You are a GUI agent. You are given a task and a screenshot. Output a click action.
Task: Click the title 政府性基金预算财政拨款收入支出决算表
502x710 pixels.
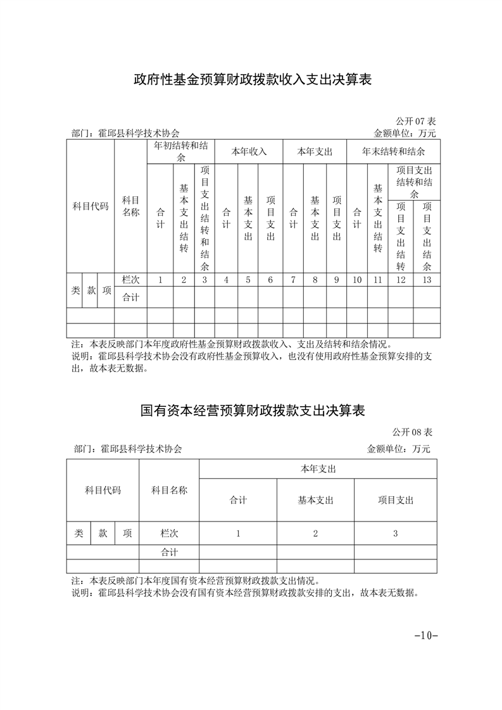point(251,80)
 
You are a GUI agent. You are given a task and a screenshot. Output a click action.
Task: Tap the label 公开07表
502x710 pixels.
point(415,121)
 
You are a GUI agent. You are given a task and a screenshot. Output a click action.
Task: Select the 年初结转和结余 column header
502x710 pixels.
point(181,152)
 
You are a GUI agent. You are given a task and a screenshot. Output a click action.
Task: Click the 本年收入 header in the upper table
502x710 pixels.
point(249,152)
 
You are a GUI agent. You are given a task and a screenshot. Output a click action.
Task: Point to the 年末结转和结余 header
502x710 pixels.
point(393,152)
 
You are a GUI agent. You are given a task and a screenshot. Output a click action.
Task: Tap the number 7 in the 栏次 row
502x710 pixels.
point(293,280)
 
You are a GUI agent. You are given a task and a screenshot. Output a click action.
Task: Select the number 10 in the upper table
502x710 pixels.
point(357,280)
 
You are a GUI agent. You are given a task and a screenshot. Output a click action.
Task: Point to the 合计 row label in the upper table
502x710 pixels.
point(130,297)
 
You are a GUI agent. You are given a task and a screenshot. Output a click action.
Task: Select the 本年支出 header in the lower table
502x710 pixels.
point(318,469)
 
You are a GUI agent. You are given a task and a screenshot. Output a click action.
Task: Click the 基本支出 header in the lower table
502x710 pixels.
point(315,500)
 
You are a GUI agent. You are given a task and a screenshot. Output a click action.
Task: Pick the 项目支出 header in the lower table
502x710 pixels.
point(395,500)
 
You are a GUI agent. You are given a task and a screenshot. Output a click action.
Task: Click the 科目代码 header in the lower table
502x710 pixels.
point(103,490)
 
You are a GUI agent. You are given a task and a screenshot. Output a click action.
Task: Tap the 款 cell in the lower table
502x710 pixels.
point(103,533)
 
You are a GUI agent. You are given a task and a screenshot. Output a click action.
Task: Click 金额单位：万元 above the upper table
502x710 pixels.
point(405,134)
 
